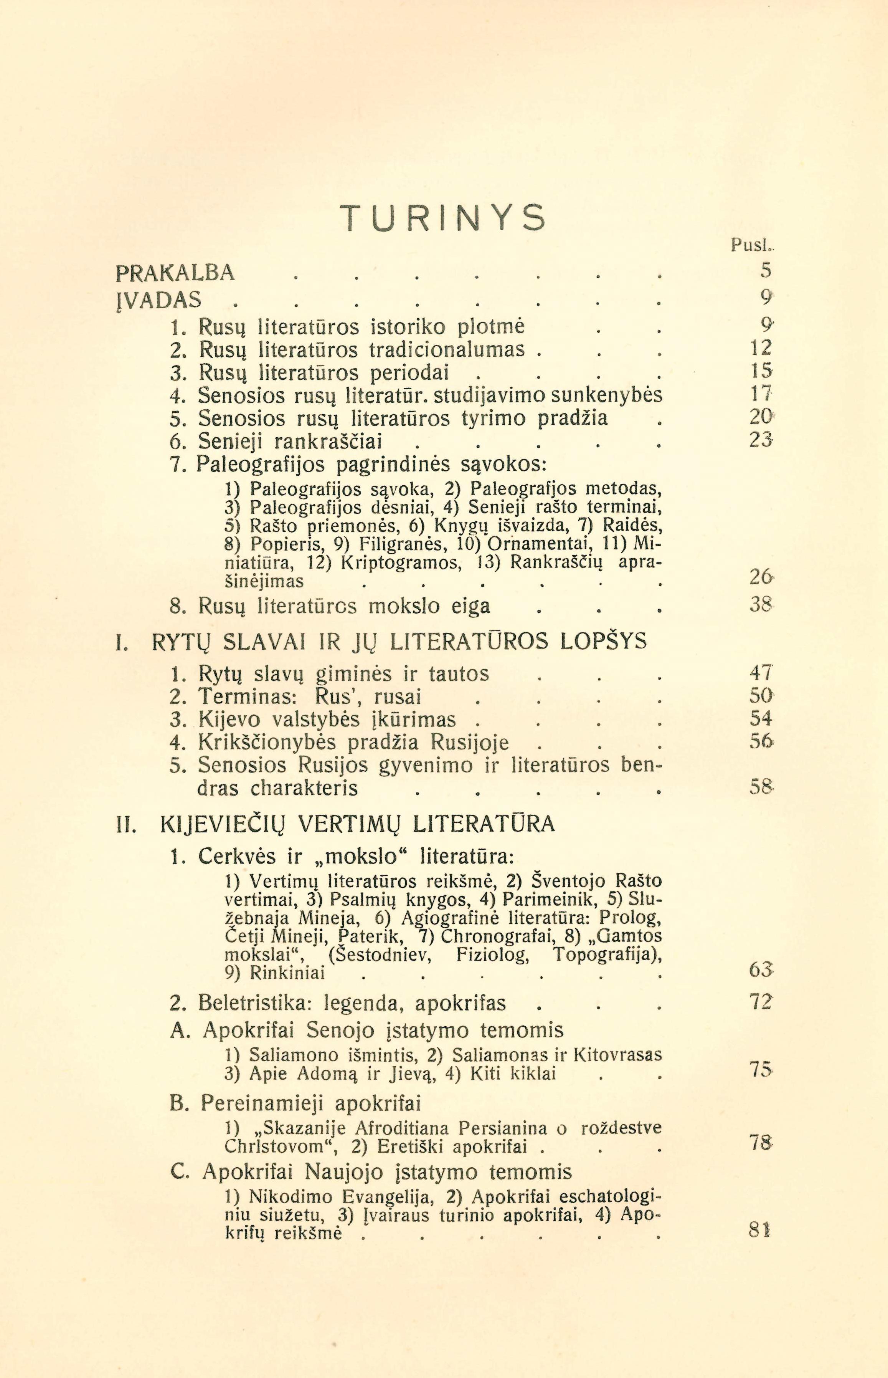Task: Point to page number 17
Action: pos(761,395)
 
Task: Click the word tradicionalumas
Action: pos(447,349)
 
